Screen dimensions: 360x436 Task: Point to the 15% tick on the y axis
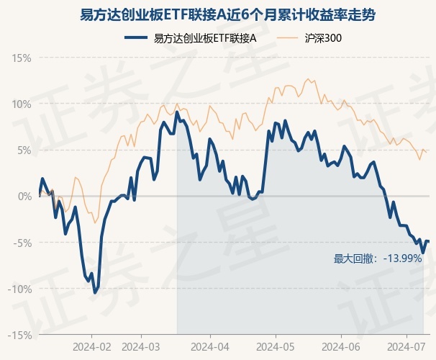[x=22, y=57]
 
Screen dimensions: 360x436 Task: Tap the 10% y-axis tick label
[x=22, y=104]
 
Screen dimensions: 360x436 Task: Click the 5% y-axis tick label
[x=24, y=150]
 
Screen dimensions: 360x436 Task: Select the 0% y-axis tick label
[x=24, y=196]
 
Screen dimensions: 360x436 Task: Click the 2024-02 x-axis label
[x=92, y=346]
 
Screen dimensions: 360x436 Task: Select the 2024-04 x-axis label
[x=209, y=346]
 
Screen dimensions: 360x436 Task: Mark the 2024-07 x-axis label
[x=405, y=346]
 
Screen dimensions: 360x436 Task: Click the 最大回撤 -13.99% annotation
[x=377, y=258]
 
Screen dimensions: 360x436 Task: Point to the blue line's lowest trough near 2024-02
[x=94, y=292]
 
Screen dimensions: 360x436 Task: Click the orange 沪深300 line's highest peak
[x=308, y=79]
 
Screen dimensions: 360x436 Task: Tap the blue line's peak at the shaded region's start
[x=177, y=112]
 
